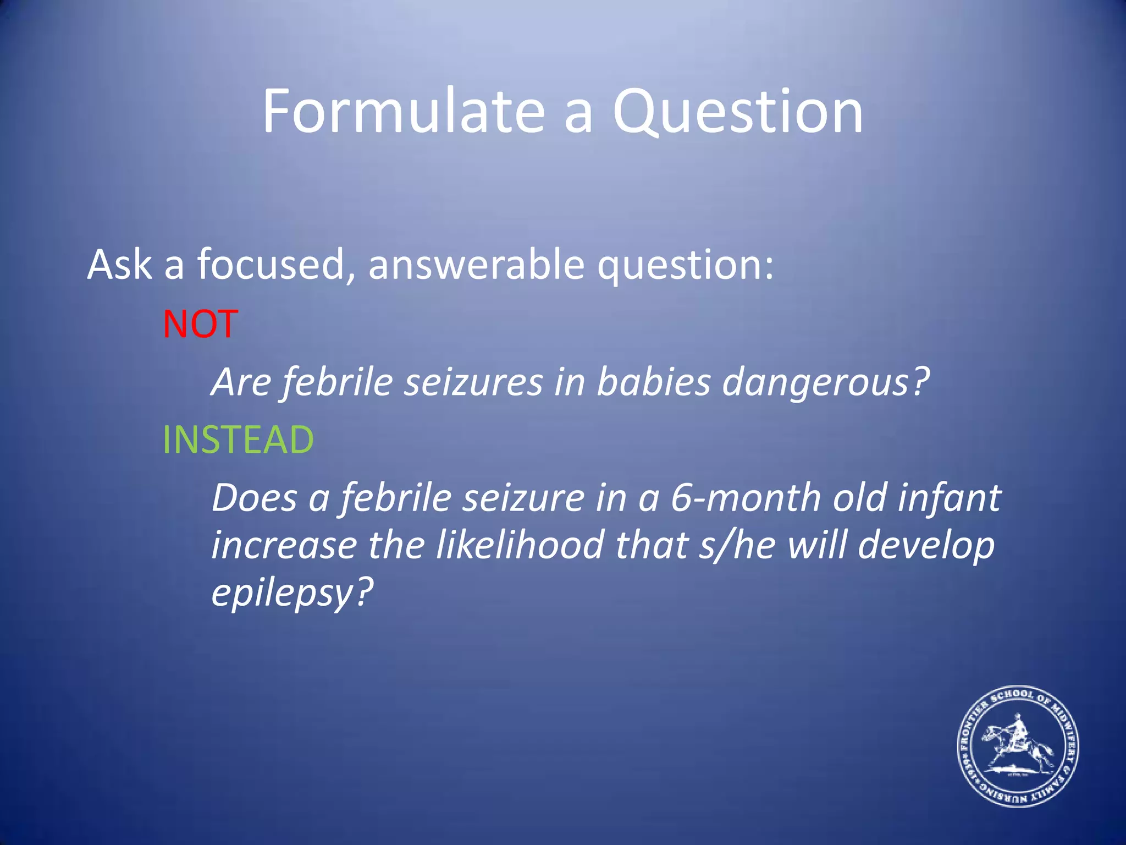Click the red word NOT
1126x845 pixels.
pyautogui.click(x=200, y=324)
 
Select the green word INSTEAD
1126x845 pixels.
pyautogui.click(x=238, y=440)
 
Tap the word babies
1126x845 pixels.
pyautogui.click(x=654, y=381)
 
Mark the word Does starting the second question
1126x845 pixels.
pyautogui.click(x=254, y=498)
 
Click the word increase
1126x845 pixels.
pyautogui.click(x=284, y=545)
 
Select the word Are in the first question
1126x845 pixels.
pyautogui.click(x=241, y=382)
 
